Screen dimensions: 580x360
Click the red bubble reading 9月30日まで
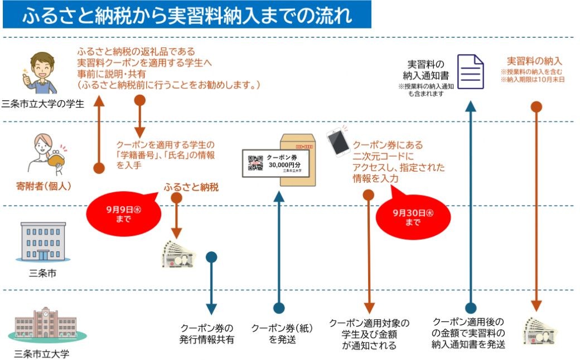[x=413, y=217]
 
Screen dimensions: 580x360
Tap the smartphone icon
[x=339, y=142]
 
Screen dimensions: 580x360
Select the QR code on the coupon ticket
[x=255, y=163]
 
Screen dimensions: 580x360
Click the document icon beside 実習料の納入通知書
[x=471, y=72]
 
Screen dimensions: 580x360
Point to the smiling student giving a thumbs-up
[x=40, y=73]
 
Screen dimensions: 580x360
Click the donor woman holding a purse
[x=47, y=154]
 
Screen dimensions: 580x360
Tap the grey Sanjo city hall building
[x=43, y=242]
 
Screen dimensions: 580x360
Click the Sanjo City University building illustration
[x=46, y=324]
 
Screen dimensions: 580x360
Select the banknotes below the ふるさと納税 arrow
[x=178, y=255]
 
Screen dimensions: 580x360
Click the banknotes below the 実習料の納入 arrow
[x=539, y=330]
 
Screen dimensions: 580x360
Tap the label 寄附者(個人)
[x=43, y=186]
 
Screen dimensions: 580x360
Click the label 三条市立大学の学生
[x=43, y=104]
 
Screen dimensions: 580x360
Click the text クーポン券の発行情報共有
[x=207, y=334]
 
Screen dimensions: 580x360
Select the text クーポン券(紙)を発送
[x=282, y=334]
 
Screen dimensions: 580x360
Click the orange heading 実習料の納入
[x=534, y=61]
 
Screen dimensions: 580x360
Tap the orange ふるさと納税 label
[x=191, y=187]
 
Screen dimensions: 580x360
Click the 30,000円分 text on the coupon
[x=284, y=165]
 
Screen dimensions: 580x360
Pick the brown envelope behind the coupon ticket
[x=298, y=160]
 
